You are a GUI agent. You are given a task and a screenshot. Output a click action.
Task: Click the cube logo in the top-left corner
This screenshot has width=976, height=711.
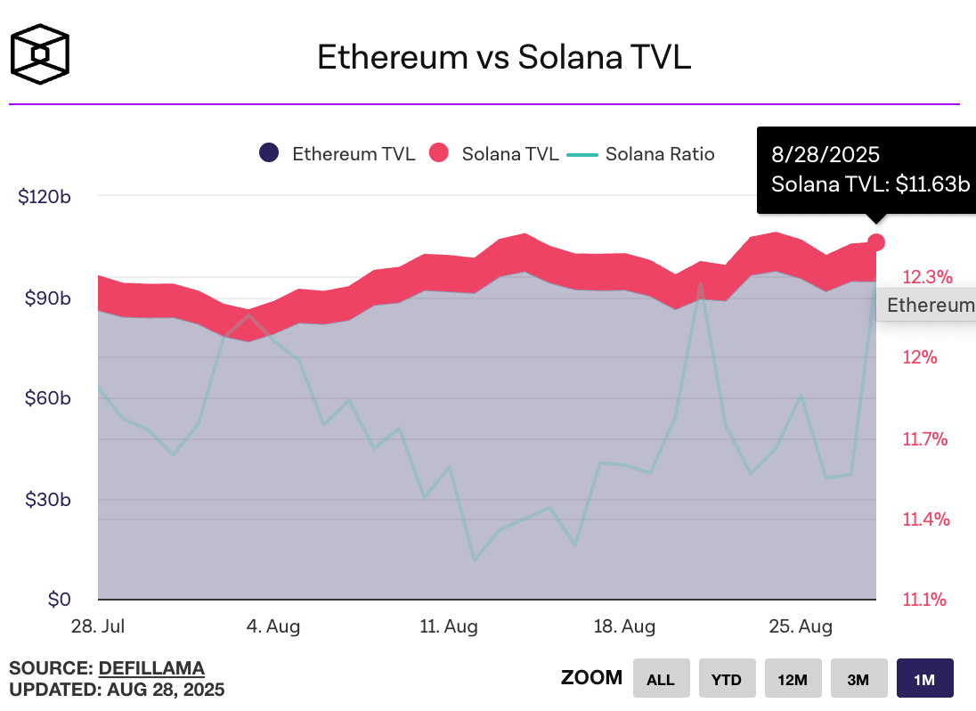[39, 53]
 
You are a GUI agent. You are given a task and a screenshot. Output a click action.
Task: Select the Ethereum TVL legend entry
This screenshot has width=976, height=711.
[338, 153]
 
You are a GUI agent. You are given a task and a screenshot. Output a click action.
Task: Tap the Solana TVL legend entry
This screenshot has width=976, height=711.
[494, 153]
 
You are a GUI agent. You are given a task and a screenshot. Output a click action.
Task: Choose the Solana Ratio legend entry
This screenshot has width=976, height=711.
[641, 153]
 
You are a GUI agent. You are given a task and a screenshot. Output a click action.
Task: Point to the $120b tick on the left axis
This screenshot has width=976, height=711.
[45, 196]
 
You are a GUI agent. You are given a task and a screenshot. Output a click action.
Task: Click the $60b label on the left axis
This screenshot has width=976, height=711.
[45, 397]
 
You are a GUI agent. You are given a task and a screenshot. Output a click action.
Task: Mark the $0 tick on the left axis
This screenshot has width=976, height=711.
[59, 599]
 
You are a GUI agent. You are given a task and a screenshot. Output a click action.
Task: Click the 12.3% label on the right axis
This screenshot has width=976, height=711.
[927, 276]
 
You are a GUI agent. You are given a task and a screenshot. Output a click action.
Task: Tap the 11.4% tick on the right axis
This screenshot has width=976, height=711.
[927, 519]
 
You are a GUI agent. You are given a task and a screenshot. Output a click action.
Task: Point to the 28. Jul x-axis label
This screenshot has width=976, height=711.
[98, 626]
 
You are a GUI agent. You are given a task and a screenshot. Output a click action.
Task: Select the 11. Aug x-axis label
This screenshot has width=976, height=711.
[448, 626]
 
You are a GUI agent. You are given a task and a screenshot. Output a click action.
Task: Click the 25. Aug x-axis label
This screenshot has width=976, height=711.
[801, 626]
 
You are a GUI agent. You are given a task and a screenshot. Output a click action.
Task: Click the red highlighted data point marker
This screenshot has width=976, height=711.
[876, 242]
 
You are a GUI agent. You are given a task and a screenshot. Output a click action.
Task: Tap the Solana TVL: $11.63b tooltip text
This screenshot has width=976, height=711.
[869, 184]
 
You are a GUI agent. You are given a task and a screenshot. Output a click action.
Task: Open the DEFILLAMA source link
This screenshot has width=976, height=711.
[151, 667]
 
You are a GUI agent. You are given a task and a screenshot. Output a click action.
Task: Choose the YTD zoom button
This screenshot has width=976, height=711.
[727, 679]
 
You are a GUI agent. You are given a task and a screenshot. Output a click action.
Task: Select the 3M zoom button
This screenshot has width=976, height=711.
[858, 679]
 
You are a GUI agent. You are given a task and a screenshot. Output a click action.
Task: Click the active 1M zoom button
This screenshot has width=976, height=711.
[924, 679]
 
